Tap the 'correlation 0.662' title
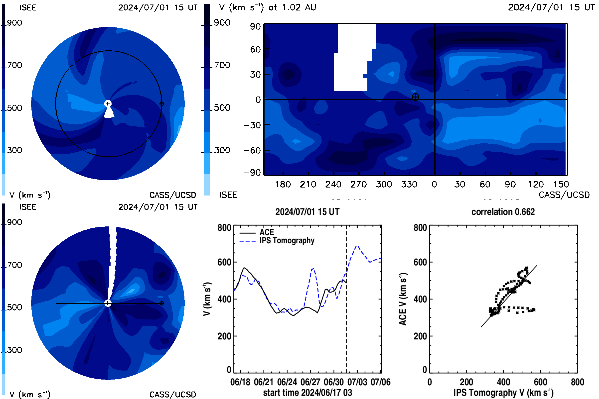pyautogui.click(x=503, y=212)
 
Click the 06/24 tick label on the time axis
pyautogui.click(x=287, y=382)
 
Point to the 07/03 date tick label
pyautogui.click(x=357, y=382)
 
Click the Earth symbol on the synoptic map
pyautogui.click(x=415, y=97)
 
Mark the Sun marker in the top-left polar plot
pyautogui.click(x=108, y=103)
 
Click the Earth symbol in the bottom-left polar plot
pyautogui.click(x=162, y=303)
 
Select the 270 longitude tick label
pyautogui.click(x=359, y=184)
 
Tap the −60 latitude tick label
pyautogui.click(x=252, y=150)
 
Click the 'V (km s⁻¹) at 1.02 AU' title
pyautogui.click(x=268, y=7)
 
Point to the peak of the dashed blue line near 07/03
pyautogui.click(x=357, y=246)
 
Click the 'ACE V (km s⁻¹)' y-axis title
pyautogui.click(x=403, y=299)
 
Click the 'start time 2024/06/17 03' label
pyautogui.click(x=308, y=393)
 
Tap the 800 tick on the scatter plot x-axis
pyautogui.click(x=577, y=382)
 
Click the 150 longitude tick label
pyautogui.click(x=561, y=184)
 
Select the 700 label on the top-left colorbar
pyautogui.click(x=14, y=65)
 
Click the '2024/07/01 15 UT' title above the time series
pyautogui.click(x=307, y=212)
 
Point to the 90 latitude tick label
pyautogui.click(x=255, y=26)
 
